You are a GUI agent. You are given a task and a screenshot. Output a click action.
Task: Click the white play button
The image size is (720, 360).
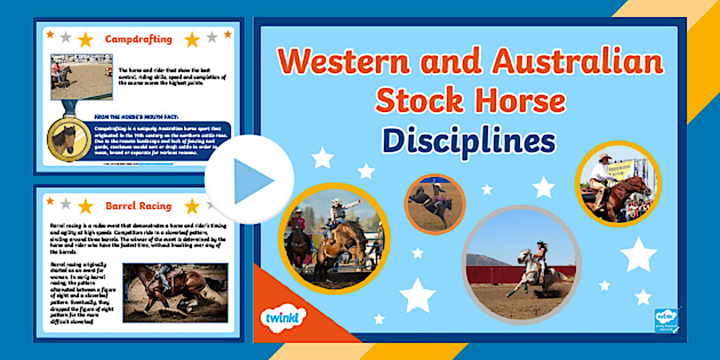pyautogui.click(x=249, y=179)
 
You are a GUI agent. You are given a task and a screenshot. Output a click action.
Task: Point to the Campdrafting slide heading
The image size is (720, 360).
pyautogui.click(x=138, y=39)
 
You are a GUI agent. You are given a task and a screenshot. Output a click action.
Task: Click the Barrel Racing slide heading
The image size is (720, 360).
pyautogui.click(x=138, y=206)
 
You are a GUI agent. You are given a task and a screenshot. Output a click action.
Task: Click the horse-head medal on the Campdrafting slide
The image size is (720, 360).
pyautogui.click(x=69, y=139)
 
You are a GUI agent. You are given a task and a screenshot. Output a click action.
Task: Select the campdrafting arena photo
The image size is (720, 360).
pyautogui.click(x=81, y=77)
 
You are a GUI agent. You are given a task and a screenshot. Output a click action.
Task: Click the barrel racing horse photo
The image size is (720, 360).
pyautogui.click(x=175, y=291)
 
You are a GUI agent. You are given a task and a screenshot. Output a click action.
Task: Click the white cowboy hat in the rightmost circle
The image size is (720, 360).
pyautogui.click(x=604, y=156)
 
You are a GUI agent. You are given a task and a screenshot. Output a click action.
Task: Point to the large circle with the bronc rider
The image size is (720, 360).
pyautogui.click(x=334, y=238)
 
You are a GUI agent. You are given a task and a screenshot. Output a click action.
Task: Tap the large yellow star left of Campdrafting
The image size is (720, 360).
pyautogui.click(x=85, y=39)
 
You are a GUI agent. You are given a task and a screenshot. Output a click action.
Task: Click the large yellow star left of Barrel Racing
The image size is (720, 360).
pyautogui.click(x=85, y=206)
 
